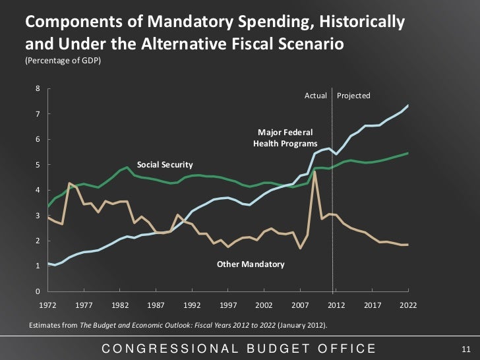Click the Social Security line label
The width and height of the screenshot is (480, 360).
pyautogui.click(x=165, y=164)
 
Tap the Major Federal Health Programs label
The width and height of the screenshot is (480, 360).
pyautogui.click(x=285, y=138)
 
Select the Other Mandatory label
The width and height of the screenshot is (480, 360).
pyautogui.click(x=251, y=264)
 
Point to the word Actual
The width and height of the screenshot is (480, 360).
pyautogui.click(x=315, y=96)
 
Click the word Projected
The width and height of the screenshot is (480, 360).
pyautogui.click(x=353, y=96)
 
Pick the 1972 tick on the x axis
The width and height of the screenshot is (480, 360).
pyautogui.click(x=47, y=306)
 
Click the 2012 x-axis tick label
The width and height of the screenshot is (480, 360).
pyautogui.click(x=337, y=306)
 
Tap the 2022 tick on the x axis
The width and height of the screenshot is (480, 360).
pyautogui.click(x=409, y=306)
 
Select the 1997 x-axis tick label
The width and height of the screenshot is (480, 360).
pyautogui.click(x=228, y=306)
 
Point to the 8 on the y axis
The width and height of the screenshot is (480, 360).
pyautogui.click(x=38, y=88)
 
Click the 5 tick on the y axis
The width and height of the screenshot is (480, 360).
pyautogui.click(x=38, y=165)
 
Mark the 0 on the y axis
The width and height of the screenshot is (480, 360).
pyautogui.click(x=38, y=291)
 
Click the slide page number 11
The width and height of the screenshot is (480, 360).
pyautogui.click(x=463, y=348)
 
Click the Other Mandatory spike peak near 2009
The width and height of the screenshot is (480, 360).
pyautogui.click(x=316, y=173)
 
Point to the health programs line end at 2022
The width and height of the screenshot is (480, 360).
pyautogui.click(x=408, y=105)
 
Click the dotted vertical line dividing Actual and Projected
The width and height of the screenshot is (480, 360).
pyautogui.click(x=332, y=198)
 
